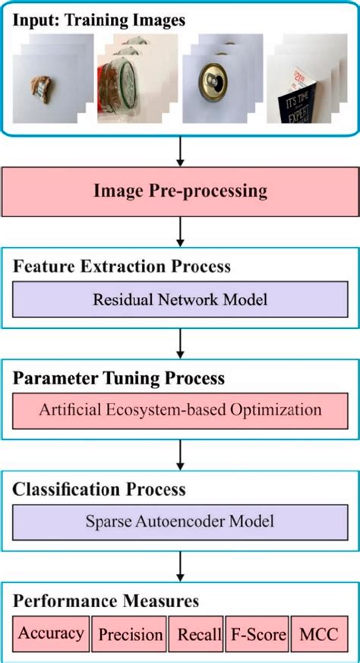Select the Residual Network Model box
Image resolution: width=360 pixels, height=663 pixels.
point(180,299)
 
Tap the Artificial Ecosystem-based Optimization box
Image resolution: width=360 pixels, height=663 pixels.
point(180,409)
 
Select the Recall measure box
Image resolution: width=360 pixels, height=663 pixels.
point(199,633)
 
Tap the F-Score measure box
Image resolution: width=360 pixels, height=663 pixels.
point(258,633)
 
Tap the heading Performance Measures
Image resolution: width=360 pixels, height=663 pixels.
point(106,601)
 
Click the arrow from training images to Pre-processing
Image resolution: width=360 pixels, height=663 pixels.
point(180,148)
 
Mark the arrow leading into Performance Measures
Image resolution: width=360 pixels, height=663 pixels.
point(180,564)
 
